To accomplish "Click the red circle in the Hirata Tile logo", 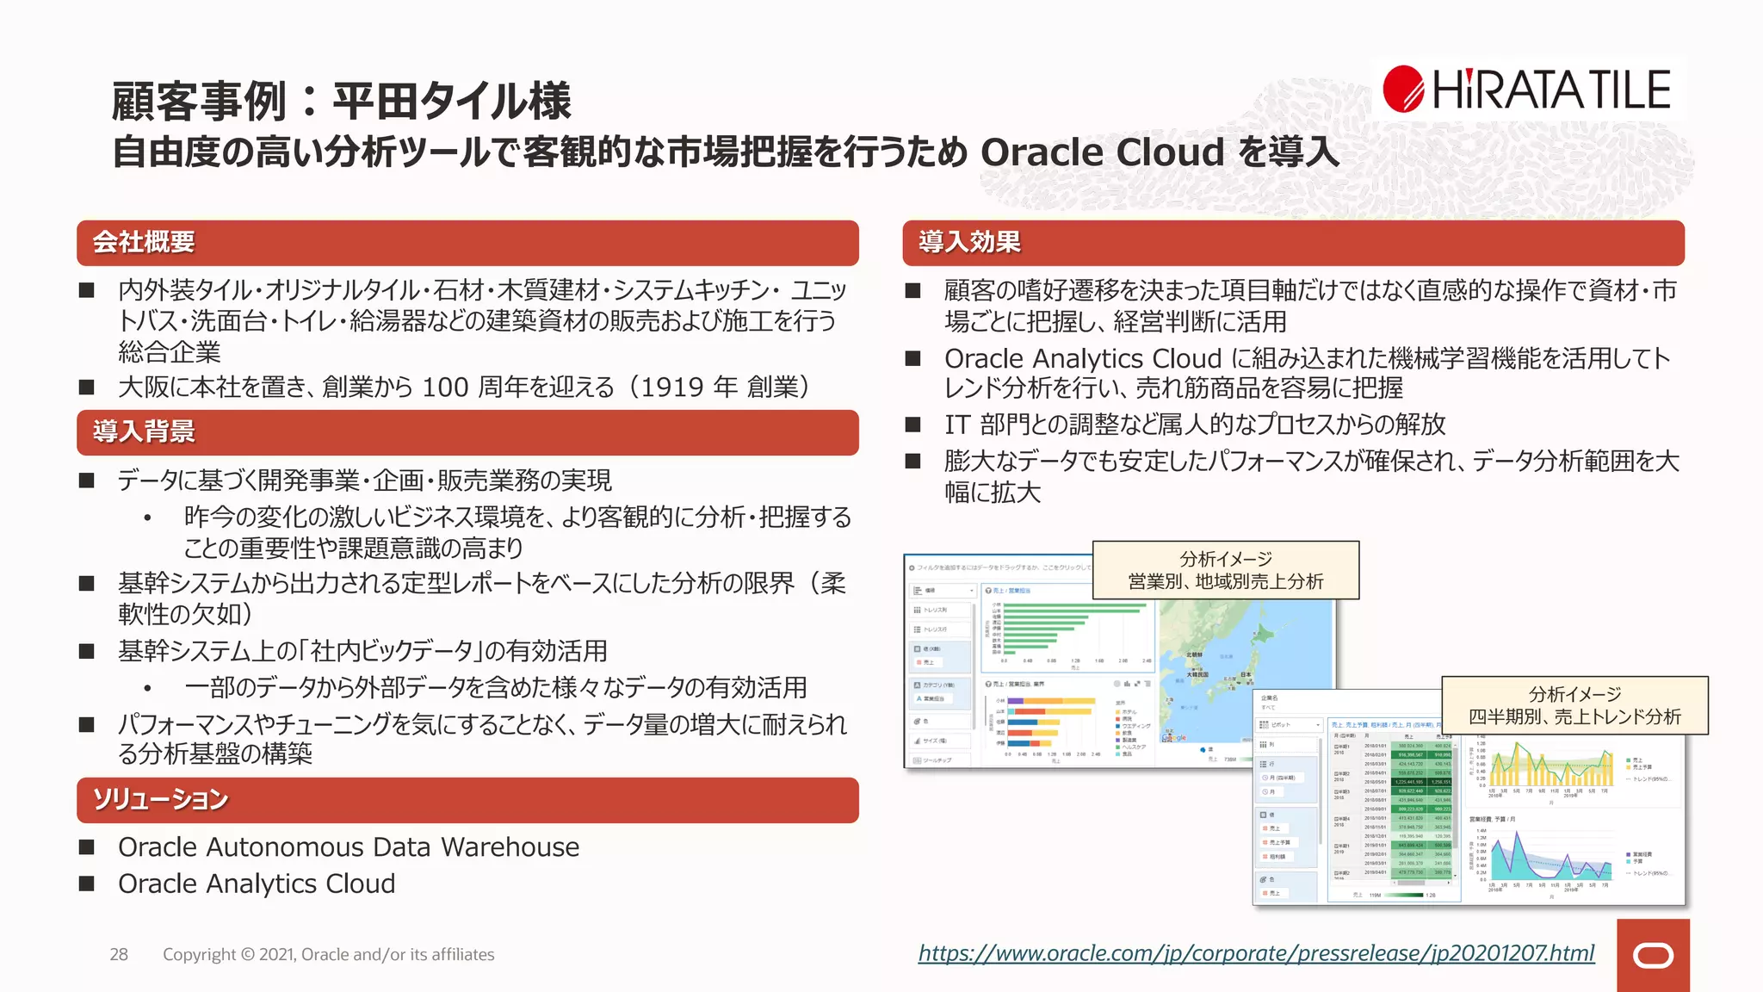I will click(x=1404, y=89).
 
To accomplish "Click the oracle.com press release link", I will click(x=1256, y=953).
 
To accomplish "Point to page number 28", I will click(x=119, y=954).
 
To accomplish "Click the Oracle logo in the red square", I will click(x=1653, y=956).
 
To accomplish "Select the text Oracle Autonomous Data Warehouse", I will click(x=349, y=847).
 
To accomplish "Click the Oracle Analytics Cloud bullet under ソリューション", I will click(x=257, y=884).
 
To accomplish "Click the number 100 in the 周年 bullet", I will click(x=445, y=387).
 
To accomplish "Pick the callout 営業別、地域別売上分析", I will click(x=1225, y=570).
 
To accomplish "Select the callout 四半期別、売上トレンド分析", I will click(x=1574, y=705).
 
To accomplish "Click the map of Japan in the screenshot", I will click(x=1240, y=654).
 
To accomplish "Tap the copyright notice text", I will click(x=328, y=954).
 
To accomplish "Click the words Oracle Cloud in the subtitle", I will click(x=1102, y=152).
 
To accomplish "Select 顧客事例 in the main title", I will click(x=199, y=102).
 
